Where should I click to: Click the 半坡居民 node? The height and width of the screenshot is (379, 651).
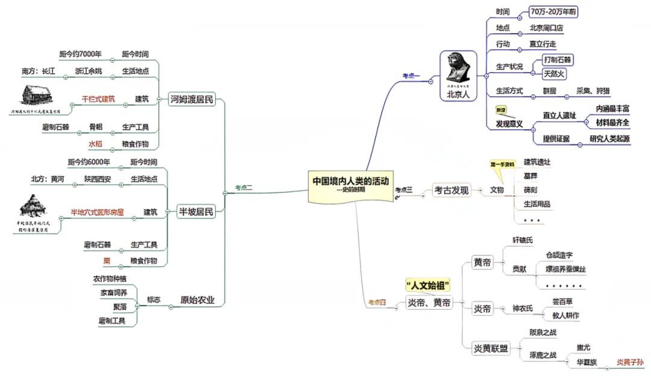point(197,211)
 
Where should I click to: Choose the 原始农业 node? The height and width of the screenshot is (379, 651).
point(198,300)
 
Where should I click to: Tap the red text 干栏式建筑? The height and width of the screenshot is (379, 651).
point(98,99)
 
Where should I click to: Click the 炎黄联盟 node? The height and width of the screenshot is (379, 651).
point(491,348)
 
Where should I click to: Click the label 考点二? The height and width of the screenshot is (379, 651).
point(244,188)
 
